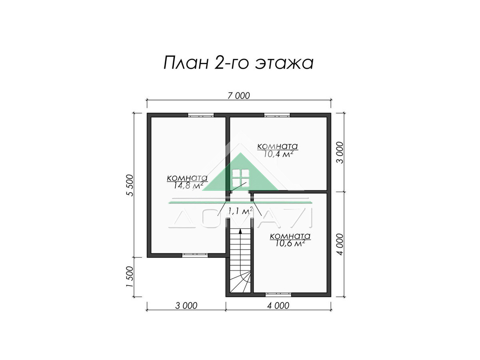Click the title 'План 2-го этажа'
[238, 63]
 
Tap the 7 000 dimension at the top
[238, 96]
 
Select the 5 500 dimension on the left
[130, 185]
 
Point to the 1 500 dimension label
[130, 277]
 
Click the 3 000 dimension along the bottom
[186, 306]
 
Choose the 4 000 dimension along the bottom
[278, 306]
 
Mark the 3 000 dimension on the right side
[340, 152]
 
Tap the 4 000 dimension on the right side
[340, 244]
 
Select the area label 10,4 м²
[278, 154]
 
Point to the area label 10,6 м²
[290, 243]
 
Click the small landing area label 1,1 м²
[240, 211]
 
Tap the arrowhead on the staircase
[240, 232]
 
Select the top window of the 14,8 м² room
[201, 115]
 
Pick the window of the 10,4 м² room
[277, 115]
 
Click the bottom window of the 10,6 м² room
[278, 295]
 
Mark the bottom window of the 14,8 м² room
[195, 255]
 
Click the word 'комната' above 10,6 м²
[290, 236]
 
